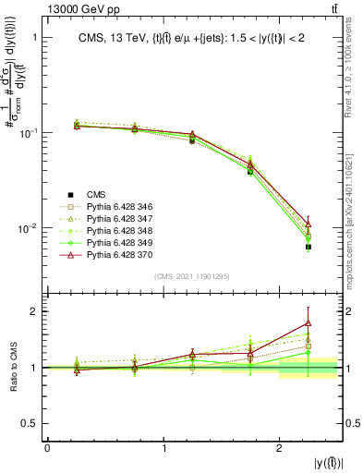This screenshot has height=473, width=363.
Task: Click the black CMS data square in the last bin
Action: pyautogui.click(x=309, y=247)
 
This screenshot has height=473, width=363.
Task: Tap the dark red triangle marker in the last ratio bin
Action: pyautogui.click(x=309, y=323)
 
